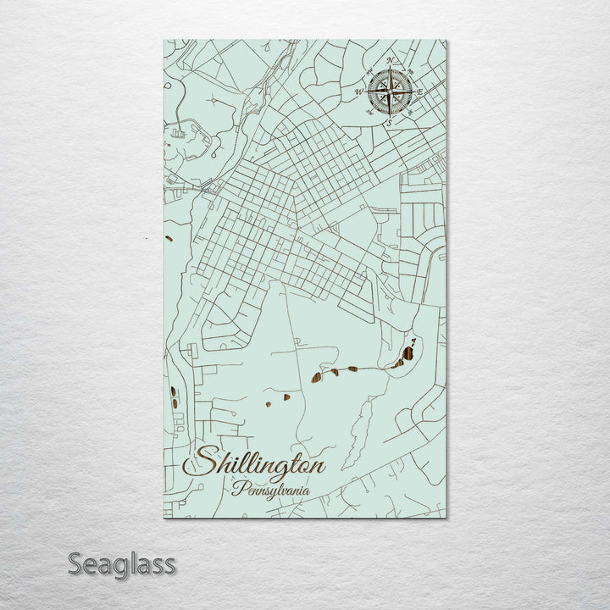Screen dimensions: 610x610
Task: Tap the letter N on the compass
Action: click(390, 60)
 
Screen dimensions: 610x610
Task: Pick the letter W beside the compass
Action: click(358, 91)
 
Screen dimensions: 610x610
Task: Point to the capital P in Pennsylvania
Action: click(238, 489)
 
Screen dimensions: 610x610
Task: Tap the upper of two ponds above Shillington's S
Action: click(174, 392)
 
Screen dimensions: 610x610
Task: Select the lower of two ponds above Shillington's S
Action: click(175, 403)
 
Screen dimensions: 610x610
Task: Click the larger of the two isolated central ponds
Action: click(286, 396)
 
